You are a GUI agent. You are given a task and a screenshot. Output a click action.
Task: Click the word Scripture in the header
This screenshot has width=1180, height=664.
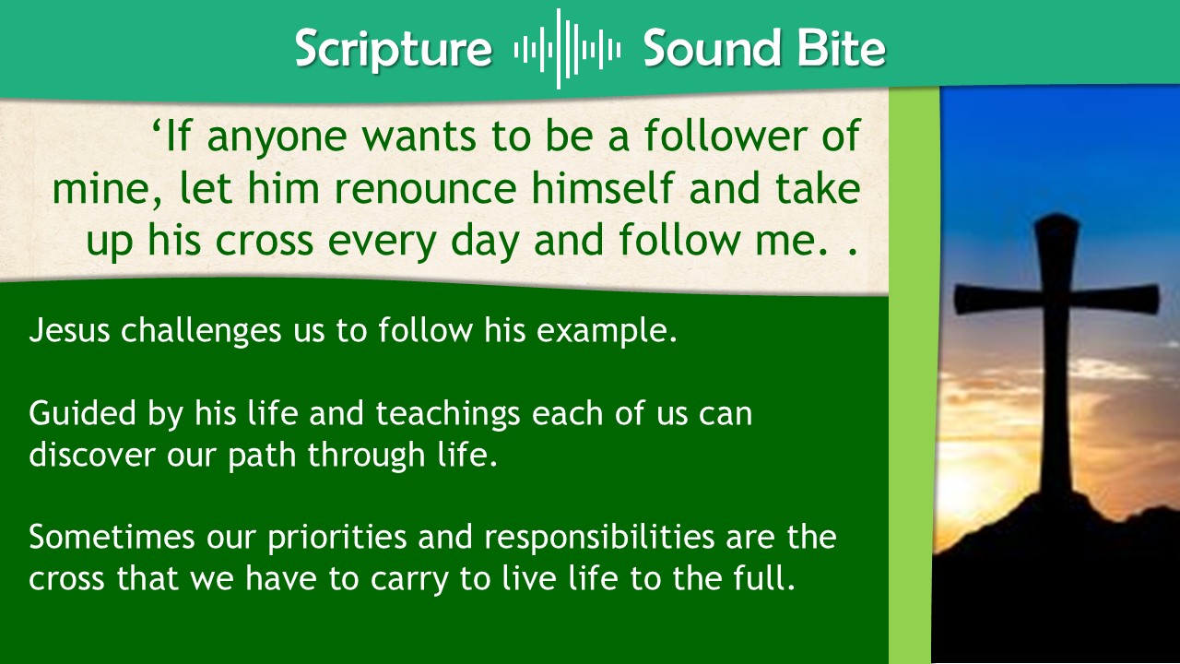pos(394,49)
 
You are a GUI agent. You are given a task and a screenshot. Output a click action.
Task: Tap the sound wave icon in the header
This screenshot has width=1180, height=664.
pos(567,49)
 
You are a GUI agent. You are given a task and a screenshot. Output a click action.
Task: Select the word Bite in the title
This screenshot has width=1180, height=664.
pos(842,48)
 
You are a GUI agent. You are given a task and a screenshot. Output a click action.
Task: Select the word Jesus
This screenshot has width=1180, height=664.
pos(69,330)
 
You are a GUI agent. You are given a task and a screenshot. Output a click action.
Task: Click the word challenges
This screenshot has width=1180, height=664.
pos(201,331)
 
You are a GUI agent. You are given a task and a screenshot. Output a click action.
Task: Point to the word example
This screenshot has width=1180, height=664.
pos(607,331)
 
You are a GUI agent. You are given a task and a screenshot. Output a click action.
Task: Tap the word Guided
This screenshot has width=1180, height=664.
pos(83,413)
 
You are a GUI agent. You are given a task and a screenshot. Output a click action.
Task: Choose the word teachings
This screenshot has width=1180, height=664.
pos(448,414)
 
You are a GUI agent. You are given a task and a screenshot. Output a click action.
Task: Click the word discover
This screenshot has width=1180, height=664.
pos(92,455)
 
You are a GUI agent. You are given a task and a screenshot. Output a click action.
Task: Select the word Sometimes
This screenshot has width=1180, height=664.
pos(112,537)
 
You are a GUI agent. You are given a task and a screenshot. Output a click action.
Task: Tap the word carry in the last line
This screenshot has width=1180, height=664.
pos(409,579)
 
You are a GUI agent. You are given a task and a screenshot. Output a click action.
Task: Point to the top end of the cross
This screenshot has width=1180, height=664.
pos(1056,216)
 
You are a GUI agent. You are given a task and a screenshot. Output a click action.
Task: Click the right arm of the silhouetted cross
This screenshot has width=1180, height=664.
pos(1115,298)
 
